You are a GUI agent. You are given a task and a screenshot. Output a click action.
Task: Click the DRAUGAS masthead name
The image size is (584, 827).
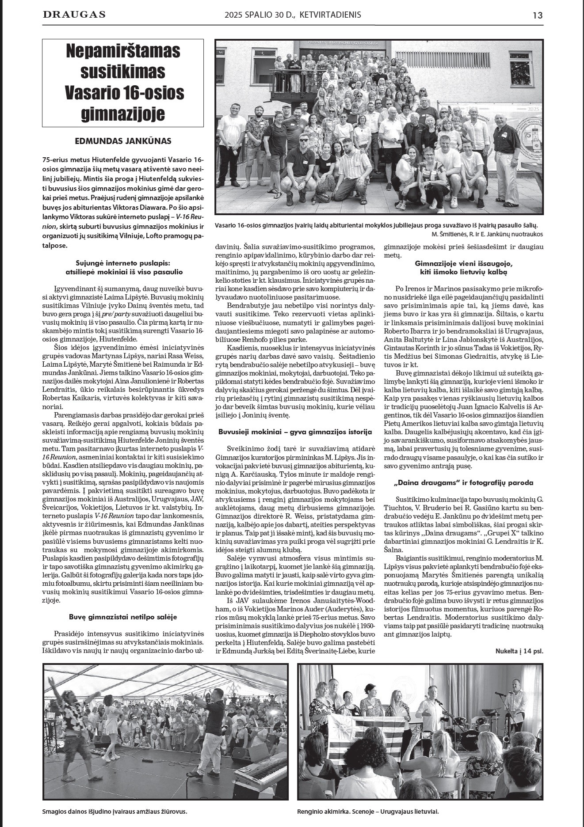point(74,15)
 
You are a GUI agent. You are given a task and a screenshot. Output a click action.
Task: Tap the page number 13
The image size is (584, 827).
point(537,15)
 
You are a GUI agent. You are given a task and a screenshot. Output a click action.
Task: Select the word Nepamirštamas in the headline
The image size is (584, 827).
point(123,51)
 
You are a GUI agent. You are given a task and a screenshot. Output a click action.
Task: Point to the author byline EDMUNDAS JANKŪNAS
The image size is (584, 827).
point(123,141)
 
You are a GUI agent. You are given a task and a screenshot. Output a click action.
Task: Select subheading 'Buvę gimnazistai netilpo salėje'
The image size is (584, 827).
point(123,617)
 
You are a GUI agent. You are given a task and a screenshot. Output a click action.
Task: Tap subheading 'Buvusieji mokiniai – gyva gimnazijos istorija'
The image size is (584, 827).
point(295,431)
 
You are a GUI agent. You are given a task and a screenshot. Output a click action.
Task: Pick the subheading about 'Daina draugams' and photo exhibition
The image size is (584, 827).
point(463,482)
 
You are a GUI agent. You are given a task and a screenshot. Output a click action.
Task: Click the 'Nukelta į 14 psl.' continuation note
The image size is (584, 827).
point(519,651)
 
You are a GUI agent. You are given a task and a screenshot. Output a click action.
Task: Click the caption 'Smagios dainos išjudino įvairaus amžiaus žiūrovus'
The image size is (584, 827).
point(115,812)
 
